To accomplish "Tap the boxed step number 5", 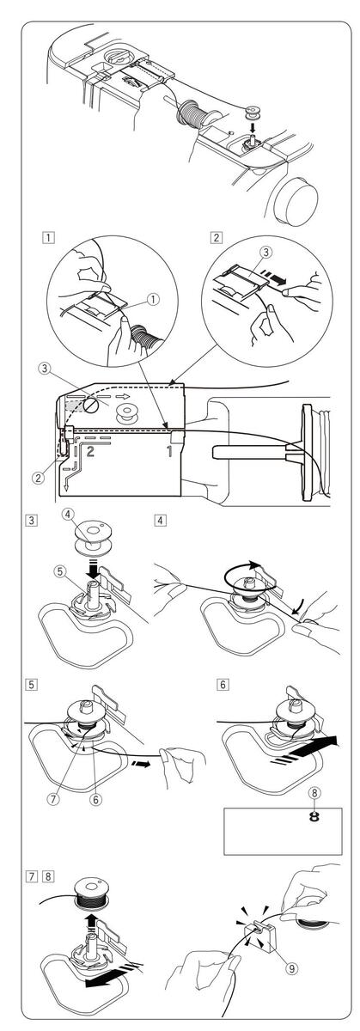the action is [x=31, y=685].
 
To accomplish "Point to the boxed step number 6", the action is [x=223, y=685].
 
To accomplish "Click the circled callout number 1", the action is [x=154, y=299].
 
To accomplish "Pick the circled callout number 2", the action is [x=39, y=478].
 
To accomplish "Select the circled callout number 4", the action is [x=68, y=515].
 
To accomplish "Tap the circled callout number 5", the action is [x=60, y=571].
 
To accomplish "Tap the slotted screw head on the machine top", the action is [x=91, y=405].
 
